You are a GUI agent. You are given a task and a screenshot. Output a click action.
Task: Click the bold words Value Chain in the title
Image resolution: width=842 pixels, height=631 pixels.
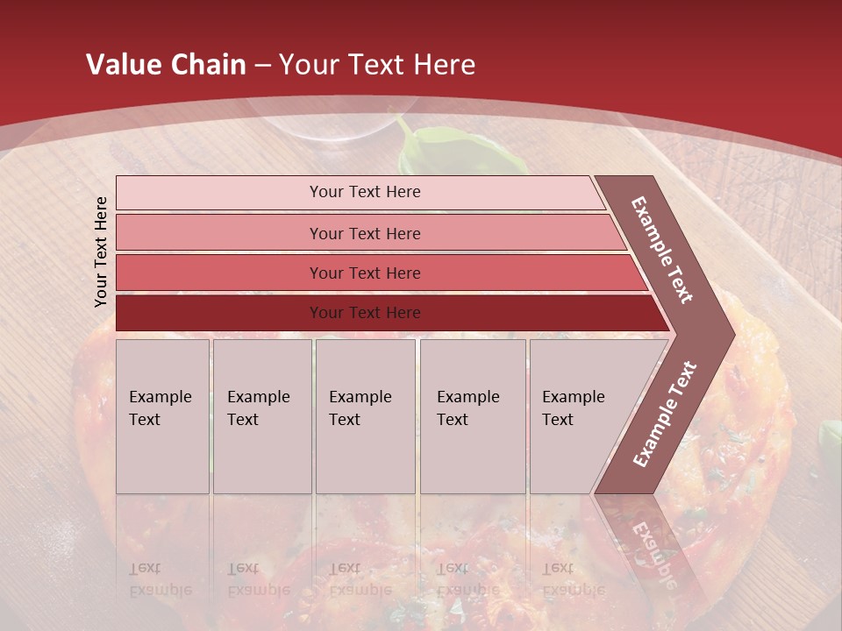pyautogui.click(x=166, y=65)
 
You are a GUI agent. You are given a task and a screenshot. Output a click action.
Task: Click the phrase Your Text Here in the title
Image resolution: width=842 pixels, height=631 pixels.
pyautogui.click(x=377, y=65)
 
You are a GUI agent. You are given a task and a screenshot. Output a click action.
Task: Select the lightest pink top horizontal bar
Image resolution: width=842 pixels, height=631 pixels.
pyautogui.click(x=219, y=193)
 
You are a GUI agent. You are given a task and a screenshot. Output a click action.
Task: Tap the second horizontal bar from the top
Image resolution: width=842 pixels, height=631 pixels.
pyautogui.click(x=219, y=233)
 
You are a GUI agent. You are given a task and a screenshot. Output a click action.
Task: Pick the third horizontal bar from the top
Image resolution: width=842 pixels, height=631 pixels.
pyautogui.click(x=219, y=273)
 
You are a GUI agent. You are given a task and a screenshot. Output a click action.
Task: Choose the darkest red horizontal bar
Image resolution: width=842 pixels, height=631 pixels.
pyautogui.click(x=219, y=313)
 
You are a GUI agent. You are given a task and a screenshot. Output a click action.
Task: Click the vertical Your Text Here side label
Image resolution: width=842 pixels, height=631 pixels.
pyautogui.click(x=101, y=252)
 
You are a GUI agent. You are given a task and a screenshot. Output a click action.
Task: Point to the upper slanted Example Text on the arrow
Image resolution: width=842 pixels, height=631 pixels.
pyautogui.click(x=662, y=249)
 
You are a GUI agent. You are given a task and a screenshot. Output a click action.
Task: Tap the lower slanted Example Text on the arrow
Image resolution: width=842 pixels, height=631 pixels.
pyautogui.click(x=665, y=414)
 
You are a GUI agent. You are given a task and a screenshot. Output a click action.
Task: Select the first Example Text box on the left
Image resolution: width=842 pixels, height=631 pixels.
pyautogui.click(x=162, y=416)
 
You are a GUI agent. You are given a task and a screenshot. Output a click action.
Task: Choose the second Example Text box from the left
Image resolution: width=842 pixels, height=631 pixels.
pyautogui.click(x=262, y=416)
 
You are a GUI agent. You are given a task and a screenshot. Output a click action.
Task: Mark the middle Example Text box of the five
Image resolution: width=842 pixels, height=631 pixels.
pyautogui.click(x=365, y=416)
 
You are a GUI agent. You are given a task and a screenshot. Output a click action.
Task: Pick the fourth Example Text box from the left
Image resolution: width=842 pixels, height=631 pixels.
pyautogui.click(x=472, y=416)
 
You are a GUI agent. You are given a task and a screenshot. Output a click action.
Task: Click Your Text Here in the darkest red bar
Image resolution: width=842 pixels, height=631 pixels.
pyautogui.click(x=365, y=313)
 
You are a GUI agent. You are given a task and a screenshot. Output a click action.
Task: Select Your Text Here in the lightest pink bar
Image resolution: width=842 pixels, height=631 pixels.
pyautogui.click(x=365, y=192)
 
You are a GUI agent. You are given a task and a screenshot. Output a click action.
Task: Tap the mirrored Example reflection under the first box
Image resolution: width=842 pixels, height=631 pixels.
pyautogui.click(x=161, y=590)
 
